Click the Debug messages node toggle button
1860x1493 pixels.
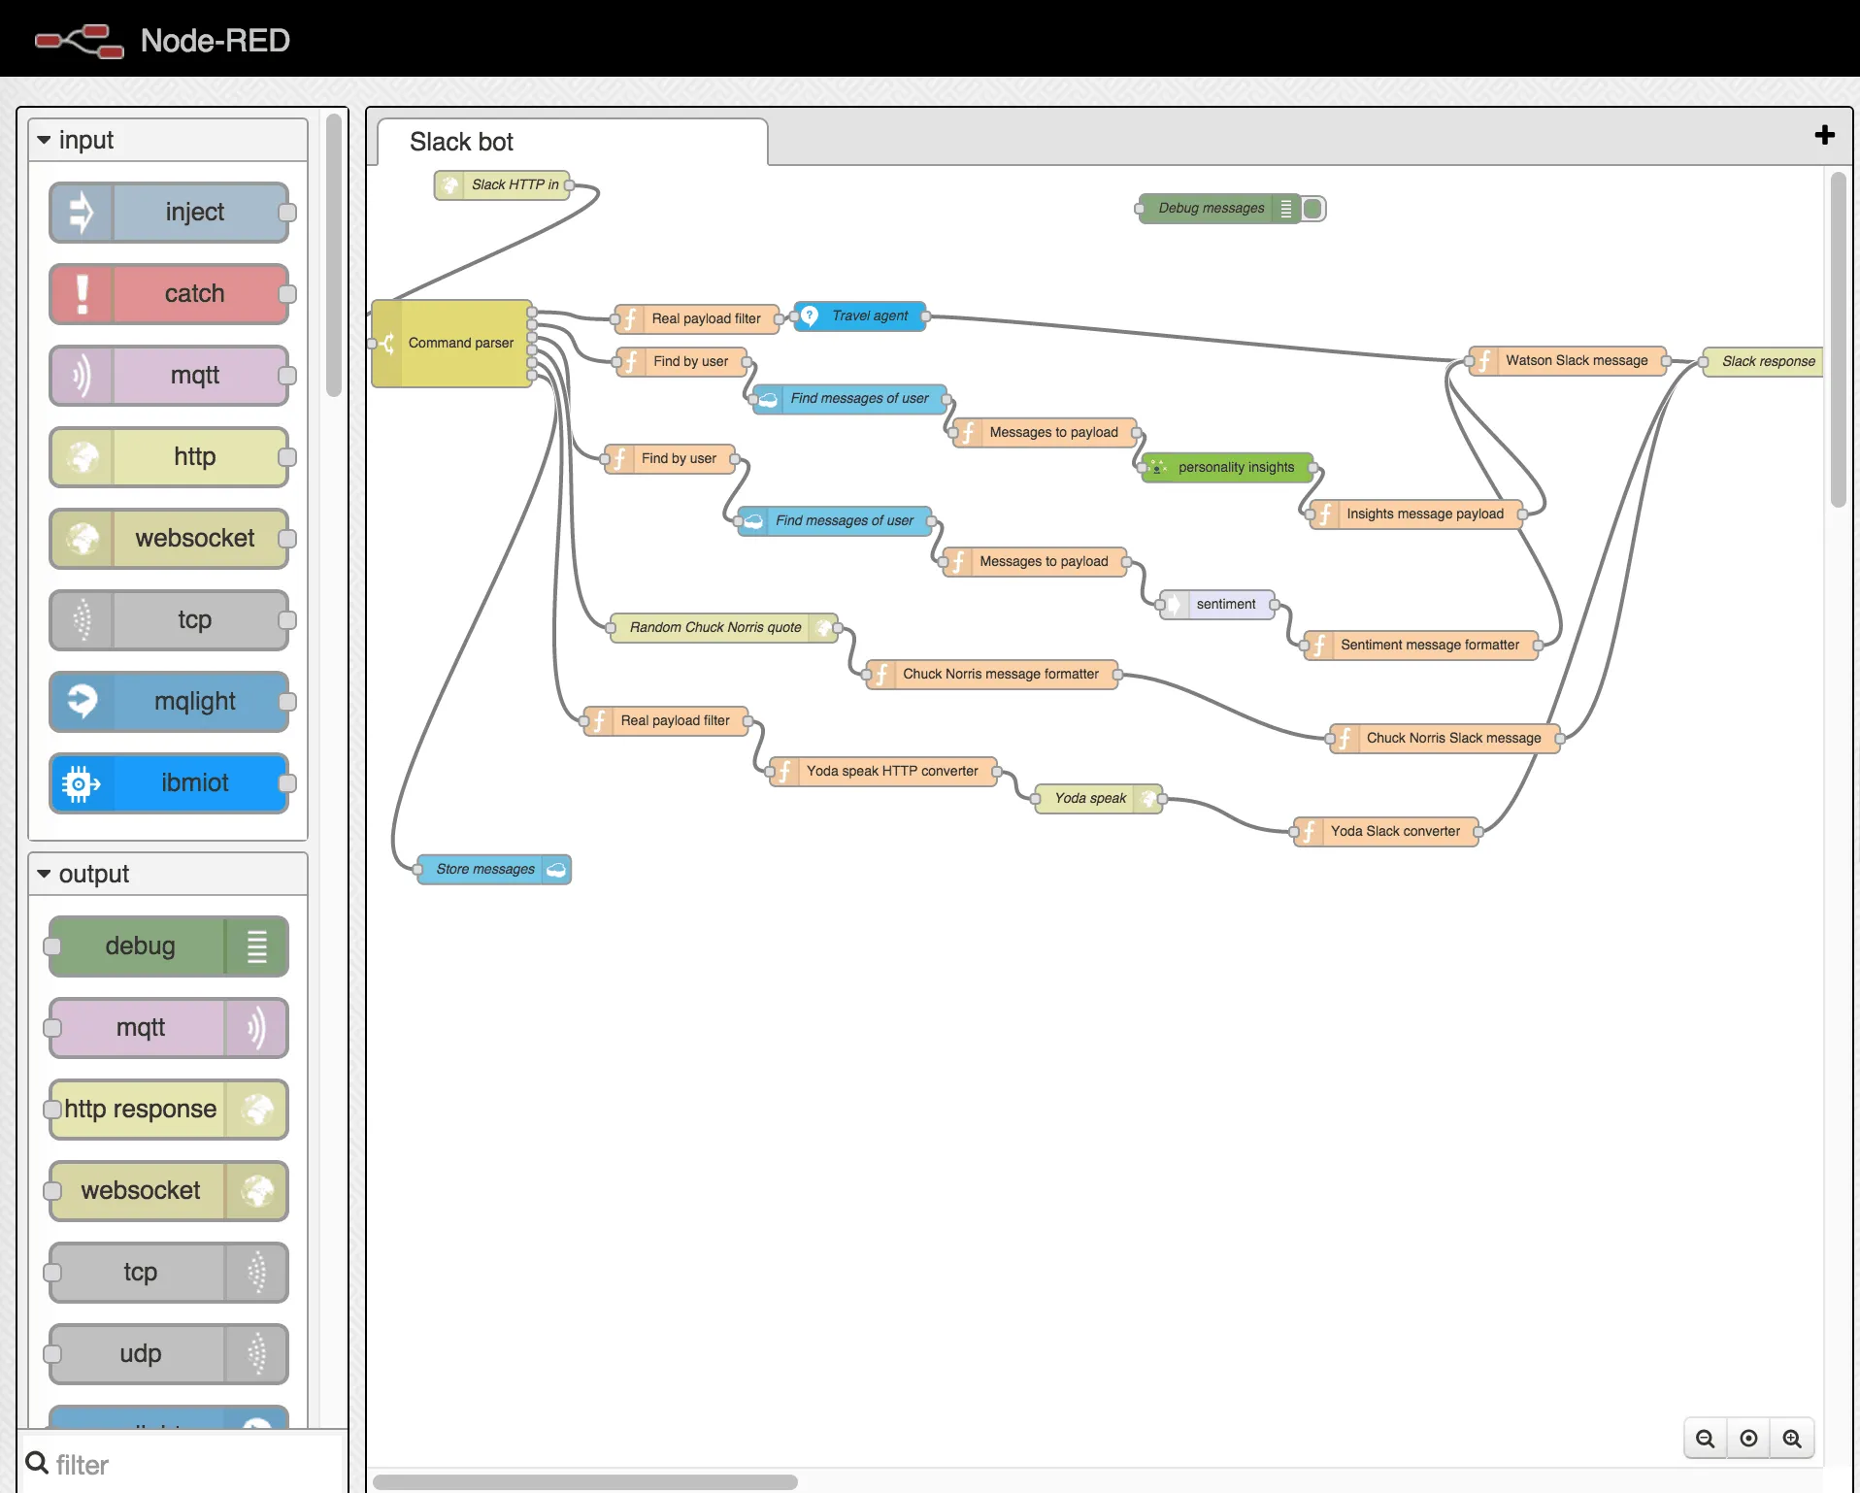pos(1313,209)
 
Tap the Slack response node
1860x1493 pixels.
pos(1764,362)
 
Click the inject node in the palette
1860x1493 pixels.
pos(169,213)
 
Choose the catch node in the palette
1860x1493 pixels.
pos(169,294)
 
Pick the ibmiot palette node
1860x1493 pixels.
pos(169,783)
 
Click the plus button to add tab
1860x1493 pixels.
pos(1824,135)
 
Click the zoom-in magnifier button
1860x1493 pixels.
pos(1792,1439)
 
